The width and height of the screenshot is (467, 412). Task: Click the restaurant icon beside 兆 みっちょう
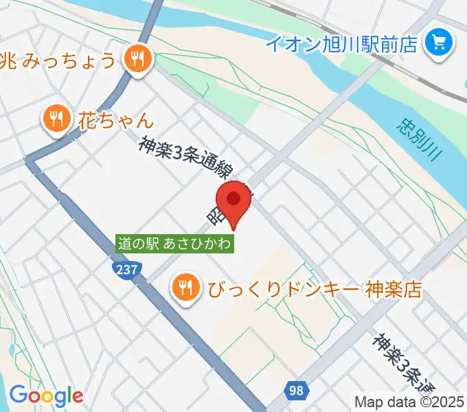coord(138,60)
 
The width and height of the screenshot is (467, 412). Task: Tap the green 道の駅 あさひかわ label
coord(174,243)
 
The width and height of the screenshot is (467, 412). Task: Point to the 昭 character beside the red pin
coord(213,215)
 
